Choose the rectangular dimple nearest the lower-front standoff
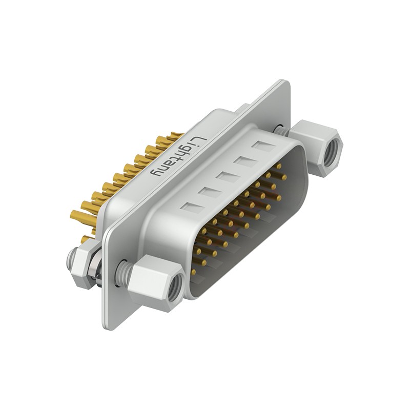point(192,207)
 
